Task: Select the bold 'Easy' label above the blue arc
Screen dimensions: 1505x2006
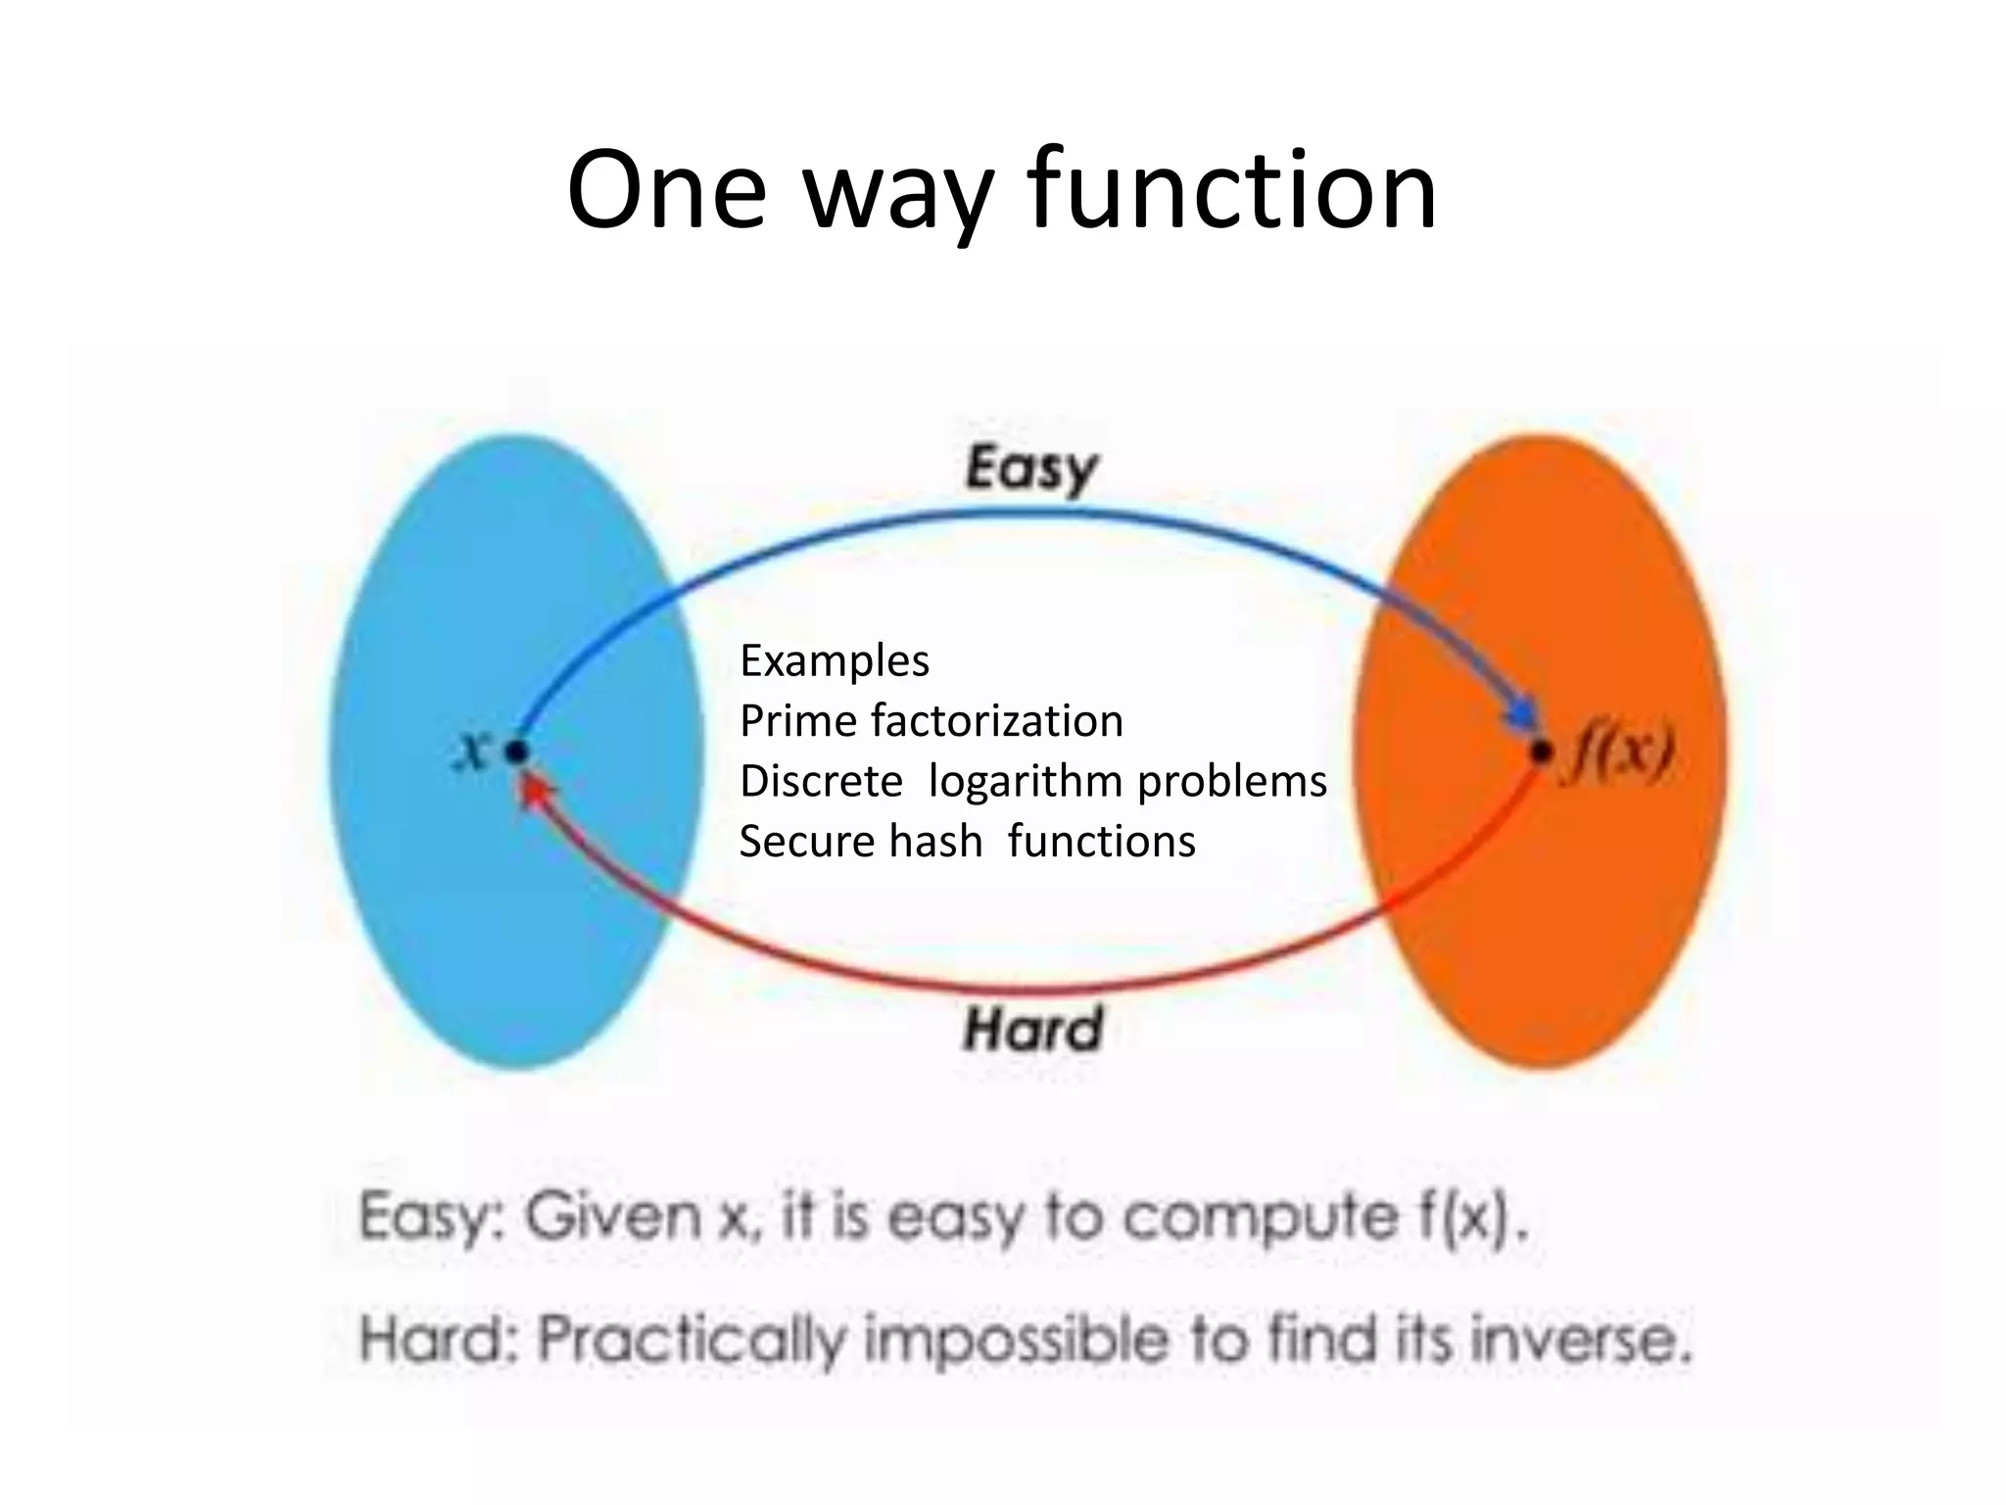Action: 1030,468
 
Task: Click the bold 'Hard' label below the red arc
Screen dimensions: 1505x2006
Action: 1032,1029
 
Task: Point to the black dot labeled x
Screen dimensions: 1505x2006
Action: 516,752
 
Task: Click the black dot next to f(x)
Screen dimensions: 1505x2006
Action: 1541,752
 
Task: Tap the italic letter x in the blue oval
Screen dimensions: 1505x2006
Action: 474,751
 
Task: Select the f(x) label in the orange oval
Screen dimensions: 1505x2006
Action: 1618,754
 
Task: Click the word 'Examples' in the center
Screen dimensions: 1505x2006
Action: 834,661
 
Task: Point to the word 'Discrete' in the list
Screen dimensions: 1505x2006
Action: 821,782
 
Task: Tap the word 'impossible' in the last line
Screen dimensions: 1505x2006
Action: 1016,1339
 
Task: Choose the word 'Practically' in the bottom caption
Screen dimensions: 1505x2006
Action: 690,1339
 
